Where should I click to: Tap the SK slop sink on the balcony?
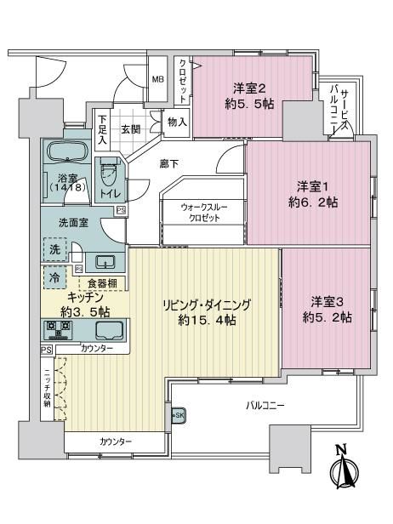[x=178, y=415]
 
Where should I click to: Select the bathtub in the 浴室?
[x=68, y=151]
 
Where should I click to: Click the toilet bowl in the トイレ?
[x=109, y=171]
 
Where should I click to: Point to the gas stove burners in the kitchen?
[x=59, y=330]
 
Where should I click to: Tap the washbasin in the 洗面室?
[x=105, y=262]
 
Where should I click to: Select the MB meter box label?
[x=157, y=80]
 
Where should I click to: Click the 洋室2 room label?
[x=249, y=88]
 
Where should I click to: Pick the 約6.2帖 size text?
[x=313, y=202]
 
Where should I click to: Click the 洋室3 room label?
[x=327, y=302]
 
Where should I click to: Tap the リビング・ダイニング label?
[x=207, y=305]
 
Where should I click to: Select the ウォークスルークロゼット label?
[x=204, y=213]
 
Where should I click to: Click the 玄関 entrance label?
[x=131, y=129]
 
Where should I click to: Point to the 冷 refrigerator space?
[x=54, y=277]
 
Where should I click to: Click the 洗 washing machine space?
[x=54, y=249]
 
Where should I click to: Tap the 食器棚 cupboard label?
[x=102, y=284]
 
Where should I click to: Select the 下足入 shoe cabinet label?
[x=103, y=129]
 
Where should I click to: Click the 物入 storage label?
[x=177, y=122]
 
